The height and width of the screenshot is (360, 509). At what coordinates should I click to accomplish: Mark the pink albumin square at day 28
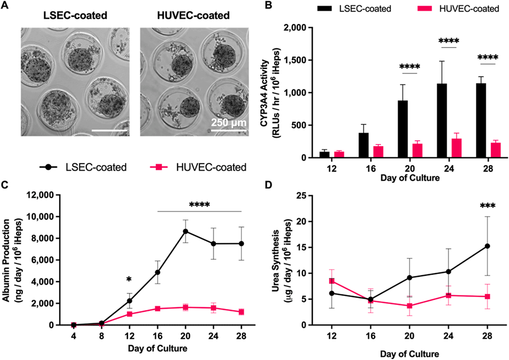point(241,312)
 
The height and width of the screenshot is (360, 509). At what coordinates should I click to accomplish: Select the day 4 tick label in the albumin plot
point(73,336)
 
